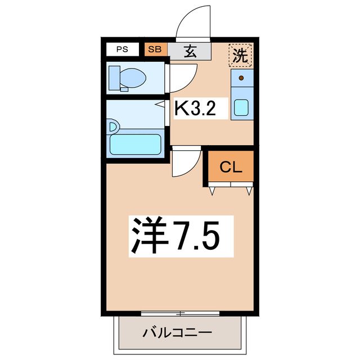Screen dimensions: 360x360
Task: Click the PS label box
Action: (122, 49)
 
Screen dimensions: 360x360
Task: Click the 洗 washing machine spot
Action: (241, 55)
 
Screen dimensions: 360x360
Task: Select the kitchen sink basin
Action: (241, 107)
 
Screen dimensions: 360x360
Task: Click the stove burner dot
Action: (241, 78)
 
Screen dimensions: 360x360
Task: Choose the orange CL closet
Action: (231, 167)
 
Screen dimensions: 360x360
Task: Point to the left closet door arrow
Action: (213, 191)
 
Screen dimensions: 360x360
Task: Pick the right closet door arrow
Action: (249, 191)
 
